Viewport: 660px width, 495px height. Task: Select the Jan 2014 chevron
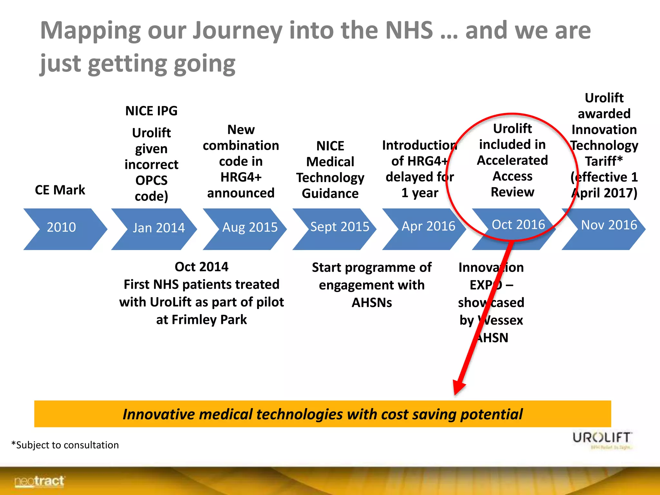155,228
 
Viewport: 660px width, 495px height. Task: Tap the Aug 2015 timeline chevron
246,228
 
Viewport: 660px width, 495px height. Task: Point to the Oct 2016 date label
518,225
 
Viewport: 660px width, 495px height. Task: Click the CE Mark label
60,190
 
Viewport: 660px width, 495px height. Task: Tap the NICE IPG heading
151,111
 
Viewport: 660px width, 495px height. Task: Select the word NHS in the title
409,30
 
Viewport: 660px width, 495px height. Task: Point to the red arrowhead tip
455,394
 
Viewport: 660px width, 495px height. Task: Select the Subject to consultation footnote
65,445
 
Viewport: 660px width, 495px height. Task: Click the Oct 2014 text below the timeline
201,267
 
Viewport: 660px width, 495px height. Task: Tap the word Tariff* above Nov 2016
604,161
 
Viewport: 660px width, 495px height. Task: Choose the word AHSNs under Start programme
372,303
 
